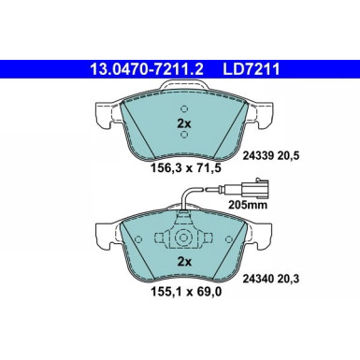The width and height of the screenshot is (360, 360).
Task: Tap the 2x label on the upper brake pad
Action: [x=184, y=122]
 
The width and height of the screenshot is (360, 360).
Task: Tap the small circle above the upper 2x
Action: [x=184, y=108]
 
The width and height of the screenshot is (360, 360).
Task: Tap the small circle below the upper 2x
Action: [x=184, y=135]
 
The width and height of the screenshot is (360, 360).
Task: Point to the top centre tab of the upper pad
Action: [x=184, y=86]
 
